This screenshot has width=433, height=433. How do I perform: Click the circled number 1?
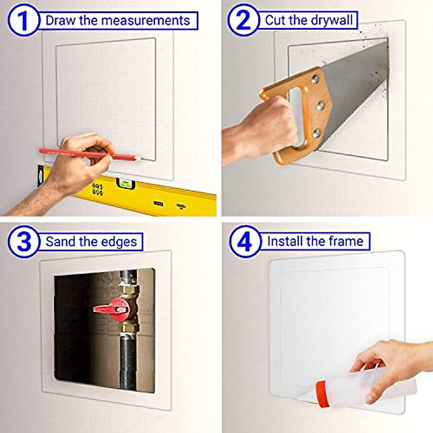(23, 20)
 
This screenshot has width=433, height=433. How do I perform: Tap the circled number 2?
(244, 20)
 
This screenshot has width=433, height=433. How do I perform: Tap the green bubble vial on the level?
(125, 184)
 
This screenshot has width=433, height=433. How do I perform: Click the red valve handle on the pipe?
(110, 309)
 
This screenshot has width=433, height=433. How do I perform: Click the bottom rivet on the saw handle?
(316, 134)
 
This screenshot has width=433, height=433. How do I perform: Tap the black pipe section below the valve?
(128, 361)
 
